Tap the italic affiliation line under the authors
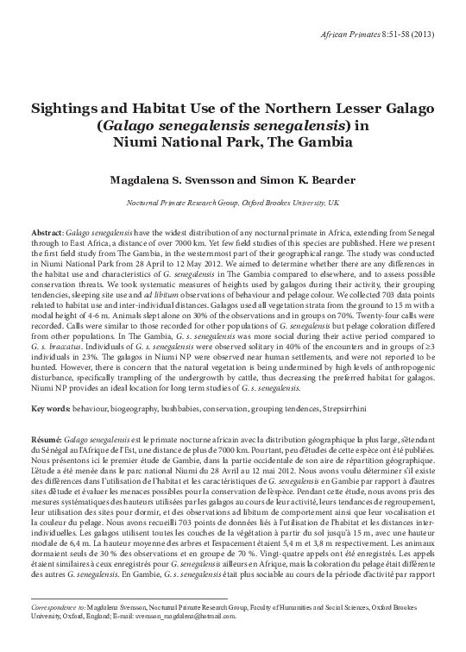coord(233,203)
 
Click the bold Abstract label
coord(47,233)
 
